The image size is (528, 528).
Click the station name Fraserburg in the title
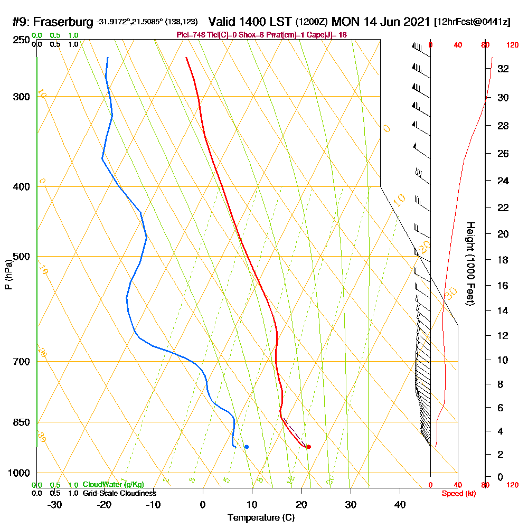tap(64, 22)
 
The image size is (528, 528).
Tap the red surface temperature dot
tap(309, 447)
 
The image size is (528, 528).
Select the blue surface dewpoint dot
tap(247, 447)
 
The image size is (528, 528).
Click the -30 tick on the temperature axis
tap(55, 505)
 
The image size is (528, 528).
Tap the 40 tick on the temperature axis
tap(400, 505)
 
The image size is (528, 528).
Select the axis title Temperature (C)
tap(261, 518)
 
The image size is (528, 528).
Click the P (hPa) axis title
tap(8, 275)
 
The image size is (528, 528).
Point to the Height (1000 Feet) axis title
tap(469, 263)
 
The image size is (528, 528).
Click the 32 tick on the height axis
tap(503, 69)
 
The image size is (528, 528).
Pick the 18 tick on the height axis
tap(503, 260)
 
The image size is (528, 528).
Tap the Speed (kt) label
tap(457, 493)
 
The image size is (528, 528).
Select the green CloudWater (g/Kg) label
tap(113, 484)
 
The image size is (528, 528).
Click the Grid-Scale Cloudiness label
tap(119, 493)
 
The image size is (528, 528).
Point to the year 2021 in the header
tap(415, 22)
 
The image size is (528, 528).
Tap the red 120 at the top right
tap(512, 45)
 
